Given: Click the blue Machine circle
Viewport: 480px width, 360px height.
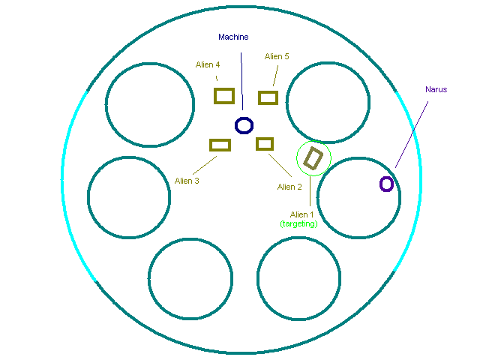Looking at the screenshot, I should (x=244, y=125).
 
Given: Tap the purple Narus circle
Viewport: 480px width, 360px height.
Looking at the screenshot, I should (x=386, y=184).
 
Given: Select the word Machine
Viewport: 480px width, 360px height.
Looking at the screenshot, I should (x=233, y=37).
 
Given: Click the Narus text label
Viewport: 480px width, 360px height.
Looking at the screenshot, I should (x=436, y=89).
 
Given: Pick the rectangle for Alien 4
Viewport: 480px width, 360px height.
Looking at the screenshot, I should (x=224, y=95).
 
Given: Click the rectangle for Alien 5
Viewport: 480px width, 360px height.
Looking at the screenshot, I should (x=268, y=97).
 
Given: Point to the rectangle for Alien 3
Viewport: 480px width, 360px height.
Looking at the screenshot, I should (x=220, y=145).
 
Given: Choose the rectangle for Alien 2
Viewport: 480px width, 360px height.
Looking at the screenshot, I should (x=265, y=143).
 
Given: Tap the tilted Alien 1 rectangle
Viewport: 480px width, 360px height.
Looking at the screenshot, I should (x=313, y=158).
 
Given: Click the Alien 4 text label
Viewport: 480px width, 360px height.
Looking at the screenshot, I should (x=208, y=64).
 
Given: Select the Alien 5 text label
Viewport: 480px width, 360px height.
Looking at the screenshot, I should (x=277, y=56).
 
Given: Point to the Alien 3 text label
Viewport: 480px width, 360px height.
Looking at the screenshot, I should (x=187, y=181).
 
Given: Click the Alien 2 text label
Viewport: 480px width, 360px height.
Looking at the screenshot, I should (x=289, y=187).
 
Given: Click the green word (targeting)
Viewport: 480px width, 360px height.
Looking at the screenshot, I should (x=299, y=223).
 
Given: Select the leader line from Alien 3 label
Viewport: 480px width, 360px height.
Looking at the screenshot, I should (x=200, y=162).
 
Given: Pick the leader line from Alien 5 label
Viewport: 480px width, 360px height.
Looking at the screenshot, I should (x=275, y=75).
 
